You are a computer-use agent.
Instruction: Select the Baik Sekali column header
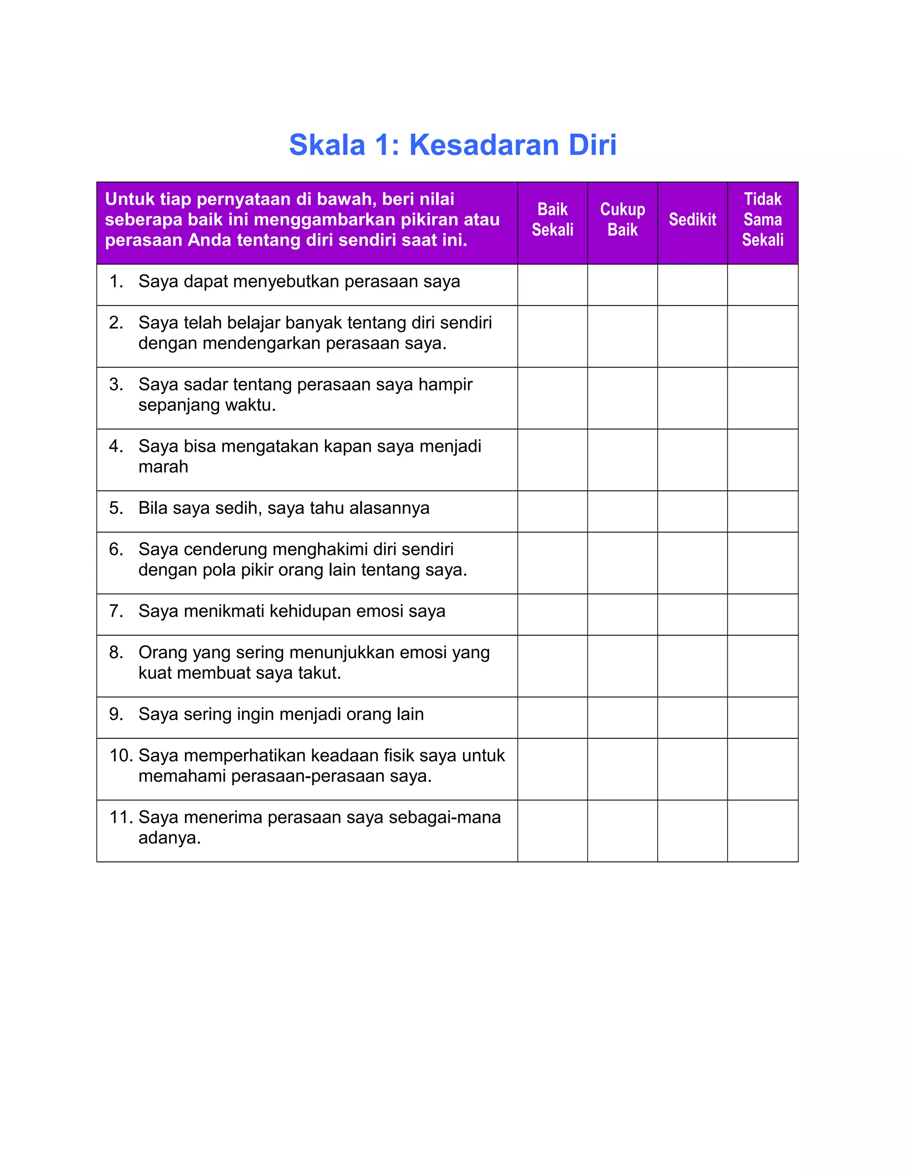(x=552, y=220)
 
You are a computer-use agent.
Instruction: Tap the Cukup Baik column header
(x=622, y=220)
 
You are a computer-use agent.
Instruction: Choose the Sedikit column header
(x=692, y=220)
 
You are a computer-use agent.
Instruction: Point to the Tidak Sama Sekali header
(x=762, y=220)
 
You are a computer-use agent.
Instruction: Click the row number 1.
(x=115, y=282)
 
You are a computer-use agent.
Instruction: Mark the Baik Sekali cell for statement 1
(x=552, y=285)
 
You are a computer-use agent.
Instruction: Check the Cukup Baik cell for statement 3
(x=622, y=398)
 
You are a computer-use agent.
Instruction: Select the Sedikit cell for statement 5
(x=692, y=511)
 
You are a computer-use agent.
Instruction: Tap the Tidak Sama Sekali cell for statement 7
(x=762, y=614)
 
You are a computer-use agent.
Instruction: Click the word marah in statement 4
(x=163, y=467)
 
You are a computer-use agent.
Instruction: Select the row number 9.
(x=115, y=714)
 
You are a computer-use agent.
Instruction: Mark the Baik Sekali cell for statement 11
(x=552, y=831)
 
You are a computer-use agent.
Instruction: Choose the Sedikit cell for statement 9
(x=692, y=718)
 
